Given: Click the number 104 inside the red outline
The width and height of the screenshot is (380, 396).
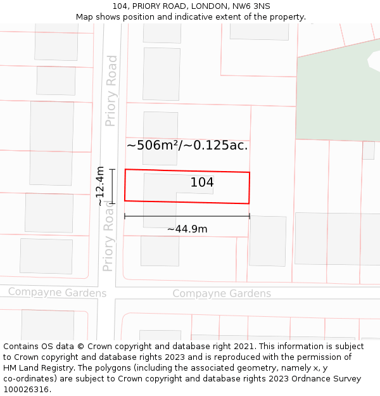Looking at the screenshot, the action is coord(202,183).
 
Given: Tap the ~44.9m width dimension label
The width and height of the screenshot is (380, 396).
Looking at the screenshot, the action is coord(187,229).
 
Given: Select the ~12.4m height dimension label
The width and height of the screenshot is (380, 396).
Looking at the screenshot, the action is coord(100,186).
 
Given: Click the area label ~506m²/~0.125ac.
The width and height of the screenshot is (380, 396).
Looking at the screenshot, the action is coord(187,145).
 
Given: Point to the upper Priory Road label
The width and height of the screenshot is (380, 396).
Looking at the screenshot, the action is coord(111,91).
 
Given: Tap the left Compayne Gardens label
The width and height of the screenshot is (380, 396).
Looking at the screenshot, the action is coord(57,293).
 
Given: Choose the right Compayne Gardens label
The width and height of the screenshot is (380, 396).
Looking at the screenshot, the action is coord(222,293).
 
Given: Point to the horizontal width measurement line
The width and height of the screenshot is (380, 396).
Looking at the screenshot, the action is coord(187,217).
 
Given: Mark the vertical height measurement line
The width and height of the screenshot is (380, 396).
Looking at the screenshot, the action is coord(112,186).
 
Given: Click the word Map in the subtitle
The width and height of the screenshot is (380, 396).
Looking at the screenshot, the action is coord(84,17).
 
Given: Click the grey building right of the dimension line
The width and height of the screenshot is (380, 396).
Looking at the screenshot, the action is coord(267,240).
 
